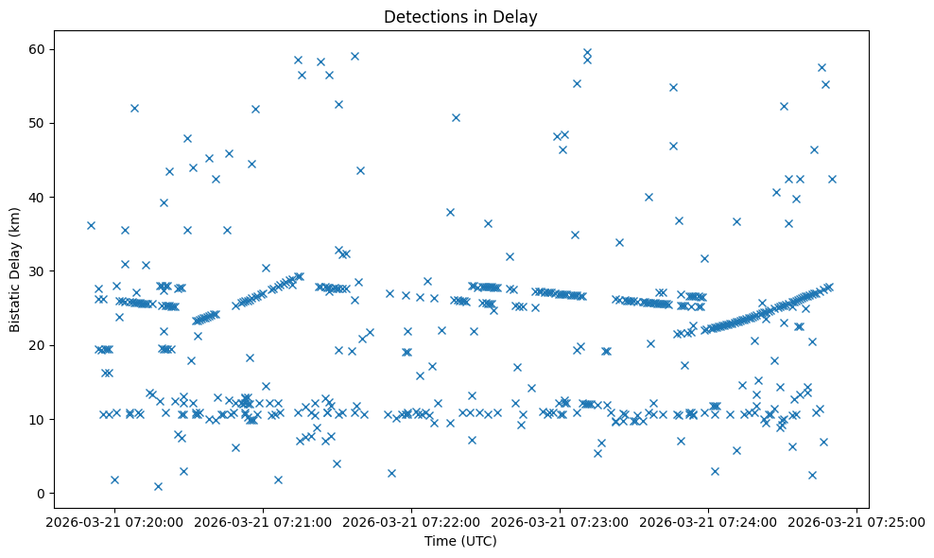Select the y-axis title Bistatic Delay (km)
[x=15, y=270]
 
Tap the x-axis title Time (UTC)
[x=460, y=542]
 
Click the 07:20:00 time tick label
[x=116, y=520]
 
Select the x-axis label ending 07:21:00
[x=265, y=520]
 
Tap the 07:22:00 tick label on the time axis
[x=413, y=520]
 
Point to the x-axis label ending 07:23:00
[x=561, y=520]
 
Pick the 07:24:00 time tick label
[x=709, y=520]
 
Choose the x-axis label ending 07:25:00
[x=856, y=520]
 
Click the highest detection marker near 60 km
[x=587, y=53]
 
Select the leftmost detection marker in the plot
[x=91, y=225]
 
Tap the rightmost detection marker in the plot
[x=832, y=179]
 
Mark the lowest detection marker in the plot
[x=158, y=486]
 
